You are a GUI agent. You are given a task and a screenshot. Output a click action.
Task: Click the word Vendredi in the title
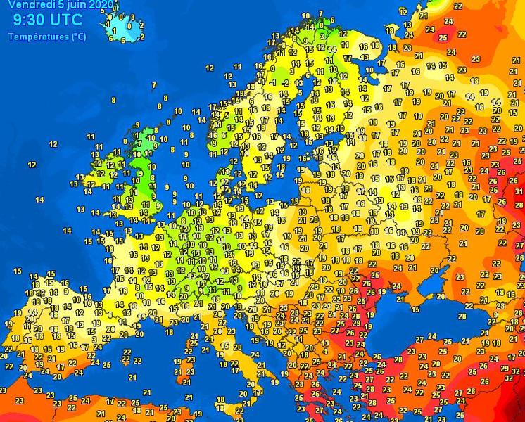27,4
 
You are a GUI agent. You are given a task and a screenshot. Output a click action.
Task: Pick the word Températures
38,37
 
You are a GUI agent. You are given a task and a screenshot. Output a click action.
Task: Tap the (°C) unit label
78,37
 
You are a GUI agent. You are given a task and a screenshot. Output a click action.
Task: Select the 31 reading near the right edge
507,177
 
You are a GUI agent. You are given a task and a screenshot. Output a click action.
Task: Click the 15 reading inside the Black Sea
415,309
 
